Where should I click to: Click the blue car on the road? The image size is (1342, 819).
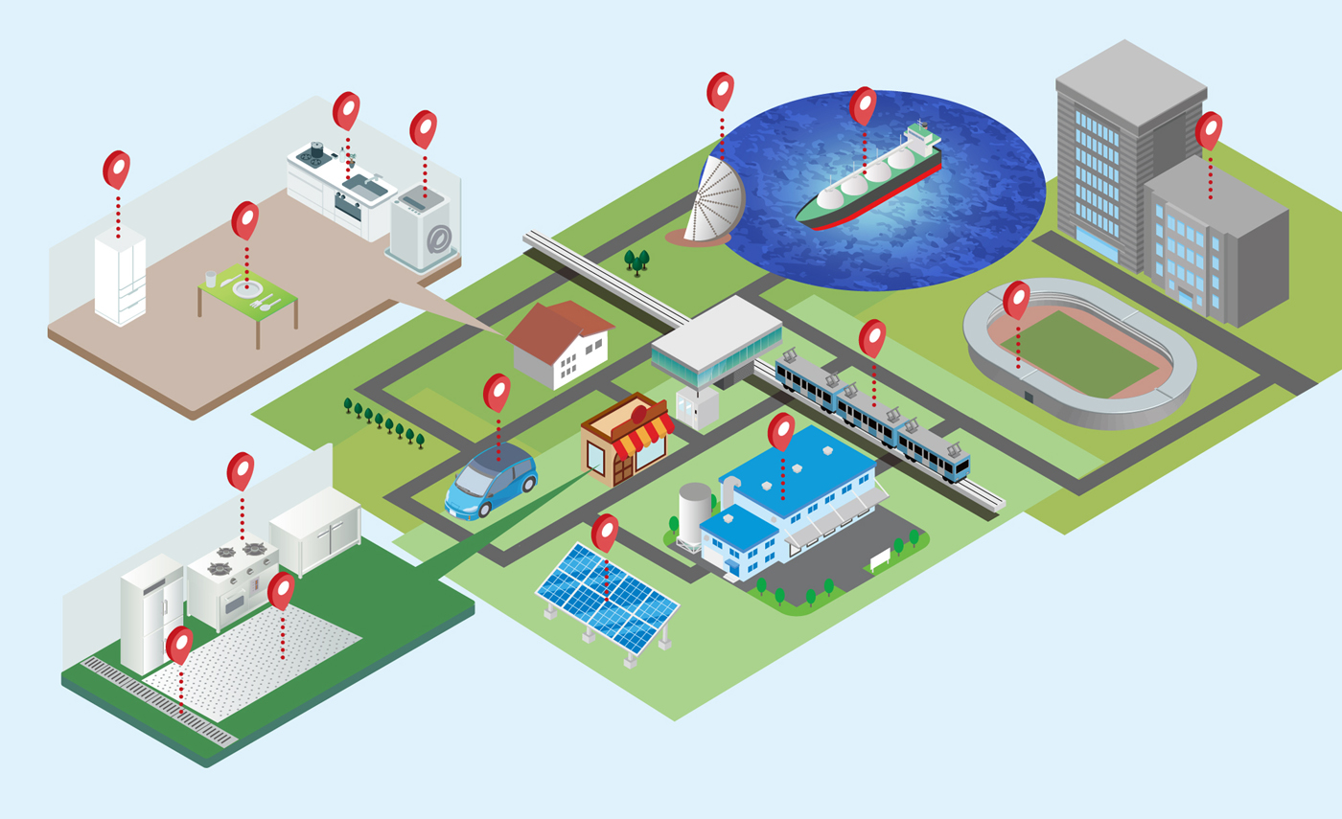tap(491, 481)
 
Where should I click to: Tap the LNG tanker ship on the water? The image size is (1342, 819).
tap(868, 179)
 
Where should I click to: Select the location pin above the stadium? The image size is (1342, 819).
tap(1017, 299)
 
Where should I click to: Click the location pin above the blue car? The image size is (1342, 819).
tap(497, 392)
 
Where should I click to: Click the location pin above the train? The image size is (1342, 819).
tap(872, 337)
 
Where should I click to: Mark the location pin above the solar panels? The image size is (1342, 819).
tap(605, 533)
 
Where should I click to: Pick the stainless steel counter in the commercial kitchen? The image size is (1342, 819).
tap(315, 527)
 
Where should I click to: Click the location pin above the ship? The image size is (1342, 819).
tap(863, 105)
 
